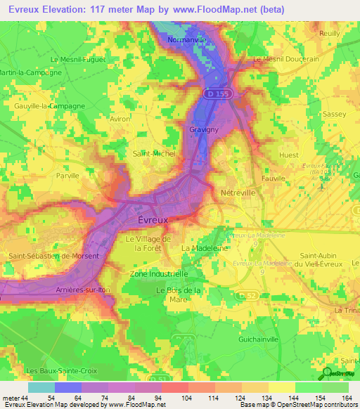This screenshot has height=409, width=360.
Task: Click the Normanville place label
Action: (x=186, y=40)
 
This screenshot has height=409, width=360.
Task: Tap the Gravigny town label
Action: (x=201, y=130)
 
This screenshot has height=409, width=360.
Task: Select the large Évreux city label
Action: (x=150, y=221)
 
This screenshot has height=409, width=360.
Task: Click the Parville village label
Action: (x=68, y=176)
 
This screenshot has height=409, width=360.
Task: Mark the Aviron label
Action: (x=120, y=119)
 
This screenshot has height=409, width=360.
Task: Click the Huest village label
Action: (x=289, y=155)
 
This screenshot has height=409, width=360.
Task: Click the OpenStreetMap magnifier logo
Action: (x=328, y=373)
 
